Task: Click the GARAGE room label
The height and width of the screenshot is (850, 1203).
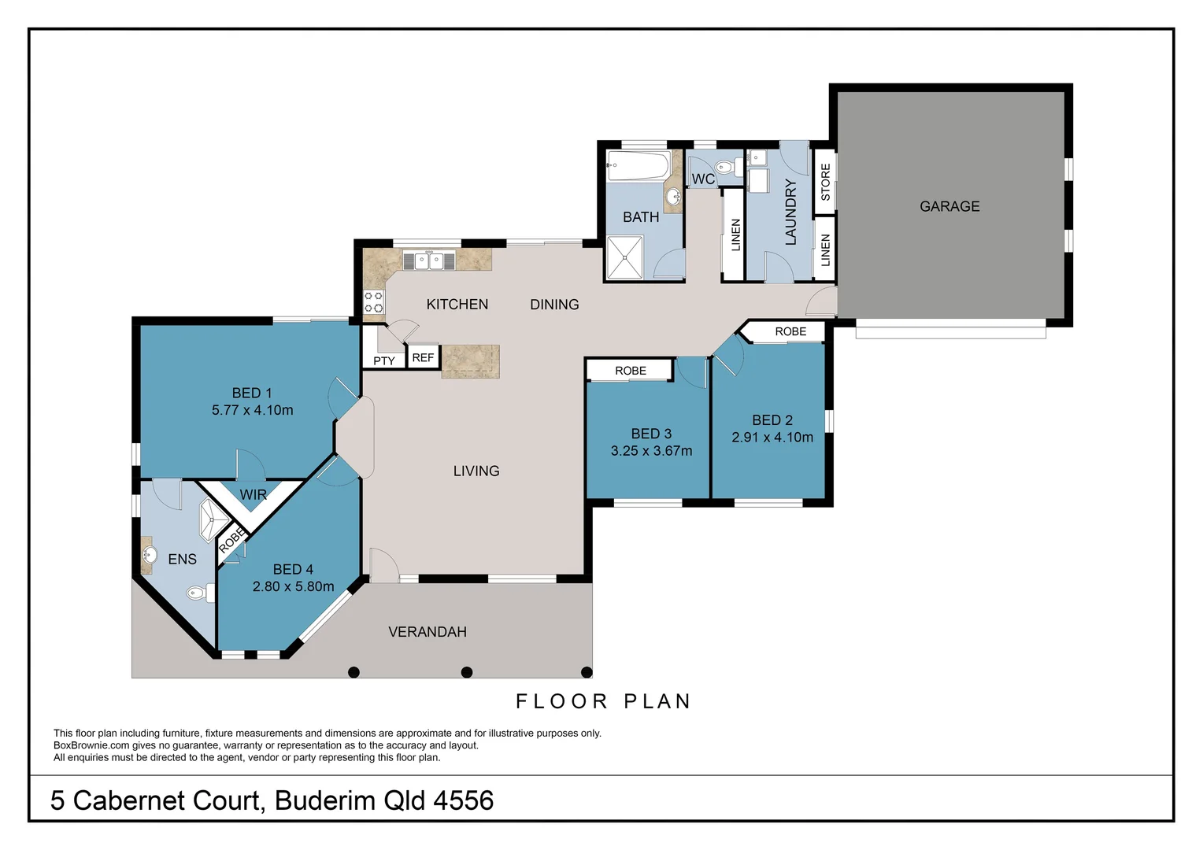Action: [949, 206]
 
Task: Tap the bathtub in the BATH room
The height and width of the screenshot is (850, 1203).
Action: [638, 167]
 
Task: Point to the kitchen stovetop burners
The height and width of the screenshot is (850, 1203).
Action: [373, 302]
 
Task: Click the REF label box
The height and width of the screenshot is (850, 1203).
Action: [423, 357]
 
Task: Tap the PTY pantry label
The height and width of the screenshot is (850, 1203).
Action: [384, 360]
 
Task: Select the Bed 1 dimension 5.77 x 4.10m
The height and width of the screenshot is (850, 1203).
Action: [252, 410]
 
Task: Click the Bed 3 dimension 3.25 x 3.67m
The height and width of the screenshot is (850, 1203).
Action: [651, 451]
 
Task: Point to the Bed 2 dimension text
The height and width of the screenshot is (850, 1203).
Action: [772, 437]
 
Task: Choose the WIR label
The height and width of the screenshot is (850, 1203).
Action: [253, 495]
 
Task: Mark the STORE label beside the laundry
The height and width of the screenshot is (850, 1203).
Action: [825, 182]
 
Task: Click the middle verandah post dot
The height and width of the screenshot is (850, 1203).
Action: [467, 672]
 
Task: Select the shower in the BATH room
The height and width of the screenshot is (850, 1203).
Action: [624, 257]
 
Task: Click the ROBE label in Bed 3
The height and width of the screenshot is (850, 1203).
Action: [630, 370]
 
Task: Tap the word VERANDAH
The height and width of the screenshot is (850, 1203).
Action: [428, 632]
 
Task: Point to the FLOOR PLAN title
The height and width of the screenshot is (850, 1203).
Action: [603, 701]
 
